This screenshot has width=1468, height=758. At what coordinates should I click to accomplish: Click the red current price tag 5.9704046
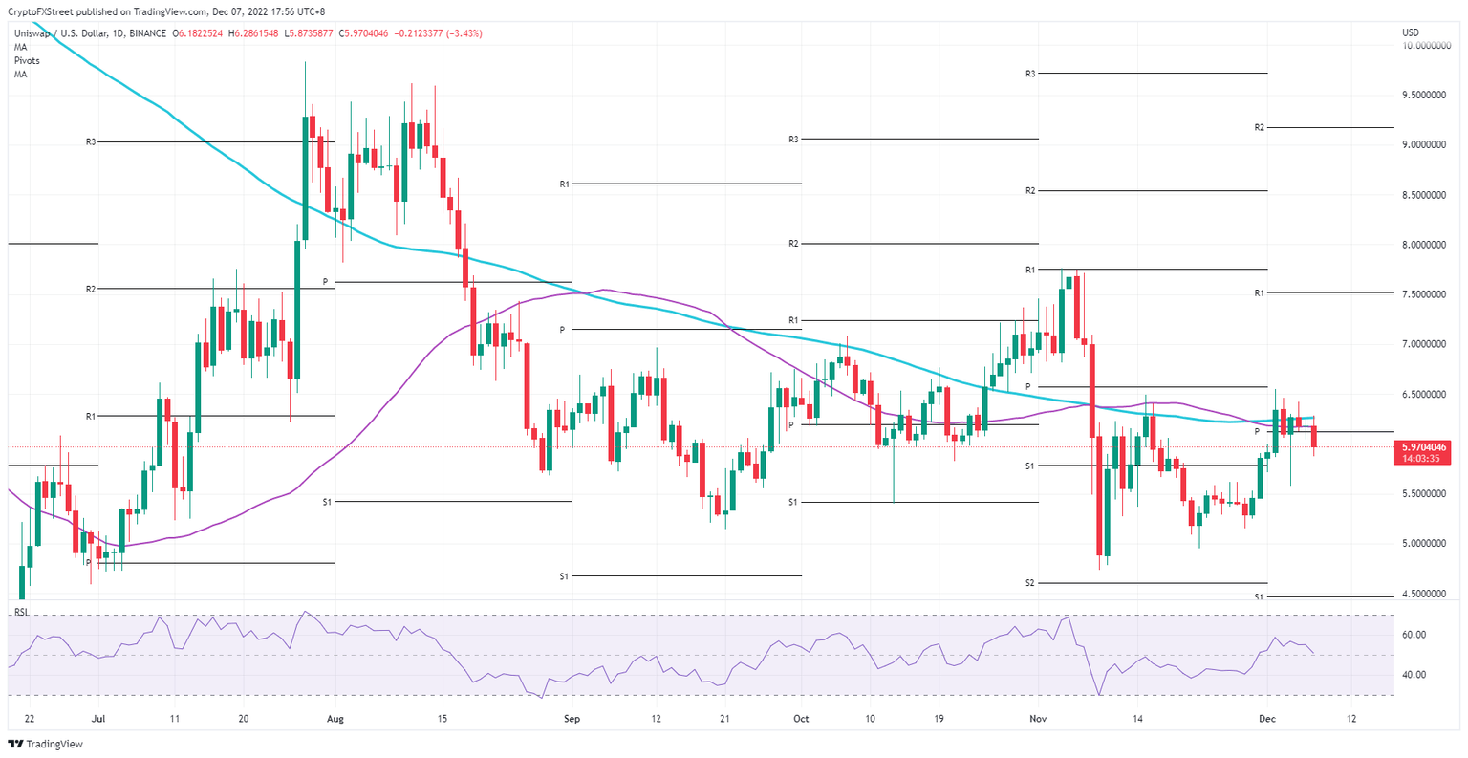[x=1423, y=446]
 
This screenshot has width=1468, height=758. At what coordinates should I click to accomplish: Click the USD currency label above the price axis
[x=1411, y=32]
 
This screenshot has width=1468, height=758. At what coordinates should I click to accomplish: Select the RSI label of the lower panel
[x=21, y=612]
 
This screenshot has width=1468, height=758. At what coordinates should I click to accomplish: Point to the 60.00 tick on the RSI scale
[x=1414, y=635]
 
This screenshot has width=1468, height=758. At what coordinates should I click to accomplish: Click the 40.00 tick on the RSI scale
[x=1414, y=675]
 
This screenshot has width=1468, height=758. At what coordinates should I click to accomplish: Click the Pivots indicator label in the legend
[x=27, y=60]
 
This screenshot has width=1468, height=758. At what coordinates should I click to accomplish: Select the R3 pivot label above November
[x=1030, y=74]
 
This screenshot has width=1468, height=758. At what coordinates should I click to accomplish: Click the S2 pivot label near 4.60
[x=1030, y=583]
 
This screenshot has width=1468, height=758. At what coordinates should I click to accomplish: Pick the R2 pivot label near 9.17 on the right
[x=1260, y=127]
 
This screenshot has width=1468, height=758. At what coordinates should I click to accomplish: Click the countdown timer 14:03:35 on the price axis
[x=1423, y=458]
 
